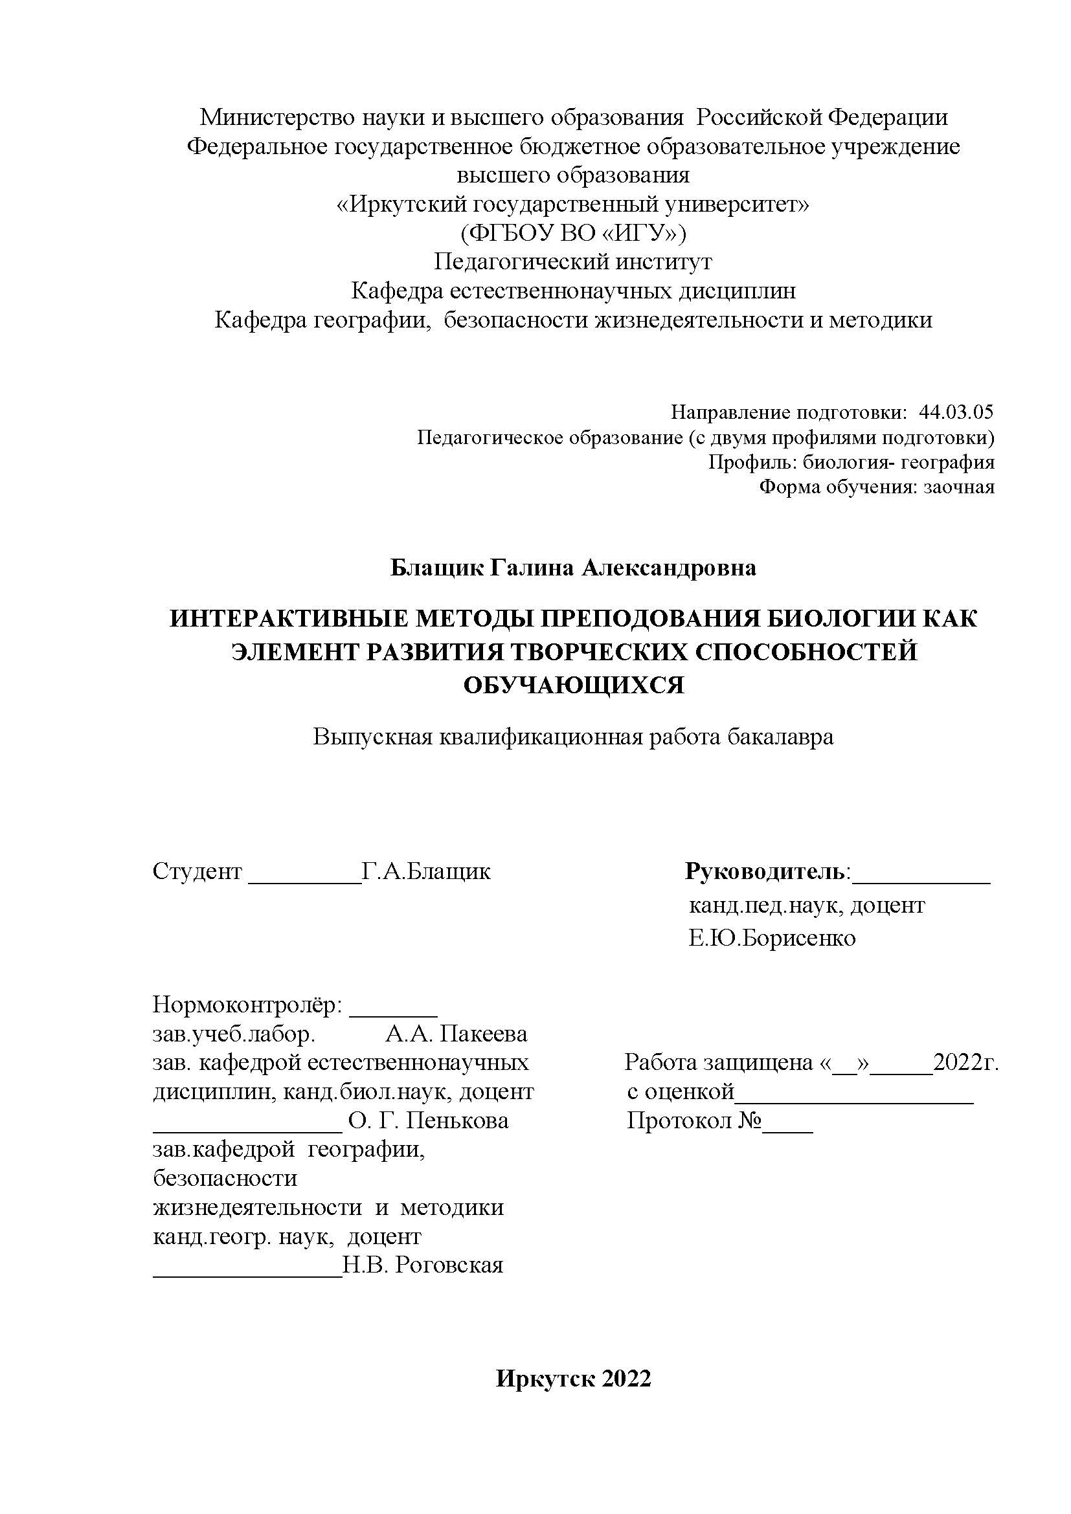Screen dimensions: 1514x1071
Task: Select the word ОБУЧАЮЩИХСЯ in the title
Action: coord(573,685)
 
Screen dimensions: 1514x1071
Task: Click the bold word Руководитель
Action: coord(765,871)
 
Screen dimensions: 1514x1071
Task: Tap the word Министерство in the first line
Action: coord(278,117)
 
